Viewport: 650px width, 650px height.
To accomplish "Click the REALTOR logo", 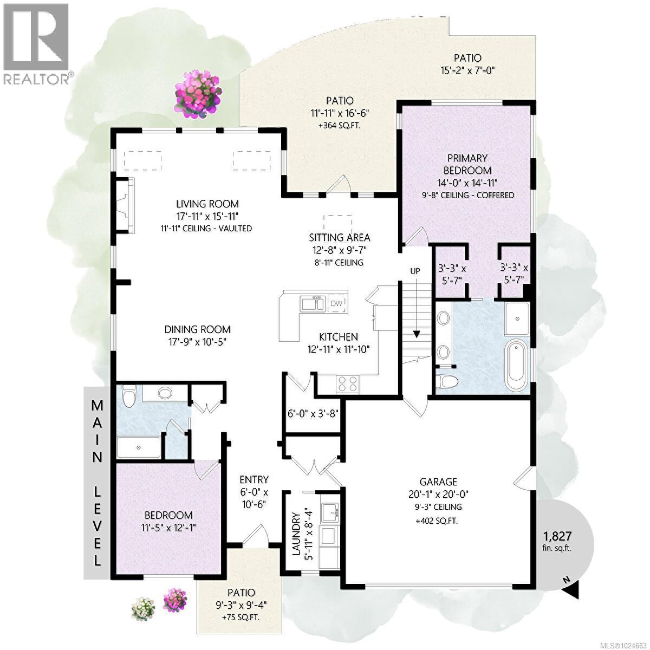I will click(x=36, y=43).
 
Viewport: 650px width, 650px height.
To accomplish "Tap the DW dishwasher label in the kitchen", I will click(x=336, y=303).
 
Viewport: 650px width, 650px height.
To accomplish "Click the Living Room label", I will click(x=207, y=204).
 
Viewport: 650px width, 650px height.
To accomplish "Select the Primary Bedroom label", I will click(x=467, y=164).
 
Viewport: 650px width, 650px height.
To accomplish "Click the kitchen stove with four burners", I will click(x=348, y=383).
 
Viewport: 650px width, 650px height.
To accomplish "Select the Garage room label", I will click(x=438, y=482).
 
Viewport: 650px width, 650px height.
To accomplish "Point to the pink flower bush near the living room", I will click(x=198, y=96).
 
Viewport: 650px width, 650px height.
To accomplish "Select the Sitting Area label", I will click(x=340, y=237).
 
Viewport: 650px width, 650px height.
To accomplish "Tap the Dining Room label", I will click(x=198, y=329).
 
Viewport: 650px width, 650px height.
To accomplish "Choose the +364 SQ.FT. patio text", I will click(x=340, y=125).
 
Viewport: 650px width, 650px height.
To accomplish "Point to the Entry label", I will click(x=254, y=479).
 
